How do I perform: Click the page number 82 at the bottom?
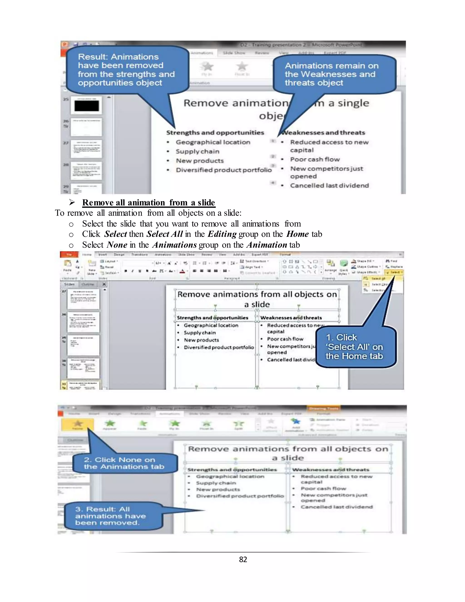[243, 559]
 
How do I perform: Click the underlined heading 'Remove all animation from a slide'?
[148, 203]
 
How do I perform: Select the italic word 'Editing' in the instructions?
[222, 234]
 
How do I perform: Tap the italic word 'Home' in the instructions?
[297, 234]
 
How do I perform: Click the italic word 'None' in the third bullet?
[117, 245]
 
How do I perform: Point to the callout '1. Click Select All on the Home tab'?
[355, 347]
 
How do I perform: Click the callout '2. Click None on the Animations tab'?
[124, 463]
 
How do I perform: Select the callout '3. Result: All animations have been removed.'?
[111, 516]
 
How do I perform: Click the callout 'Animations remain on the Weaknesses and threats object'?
[332, 74]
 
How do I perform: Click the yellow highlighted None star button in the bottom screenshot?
[77, 425]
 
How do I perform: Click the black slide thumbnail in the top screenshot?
[87, 106]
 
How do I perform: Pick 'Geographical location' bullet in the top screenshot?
[213, 142]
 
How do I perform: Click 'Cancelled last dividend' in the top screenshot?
[329, 186]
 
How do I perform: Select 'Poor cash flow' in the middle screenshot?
[285, 339]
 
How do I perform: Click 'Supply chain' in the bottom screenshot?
[216, 483]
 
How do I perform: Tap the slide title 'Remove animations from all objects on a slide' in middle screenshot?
[257, 299]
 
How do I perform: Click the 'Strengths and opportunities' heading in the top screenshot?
[215, 133]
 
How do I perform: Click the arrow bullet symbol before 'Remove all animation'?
[72, 203]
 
